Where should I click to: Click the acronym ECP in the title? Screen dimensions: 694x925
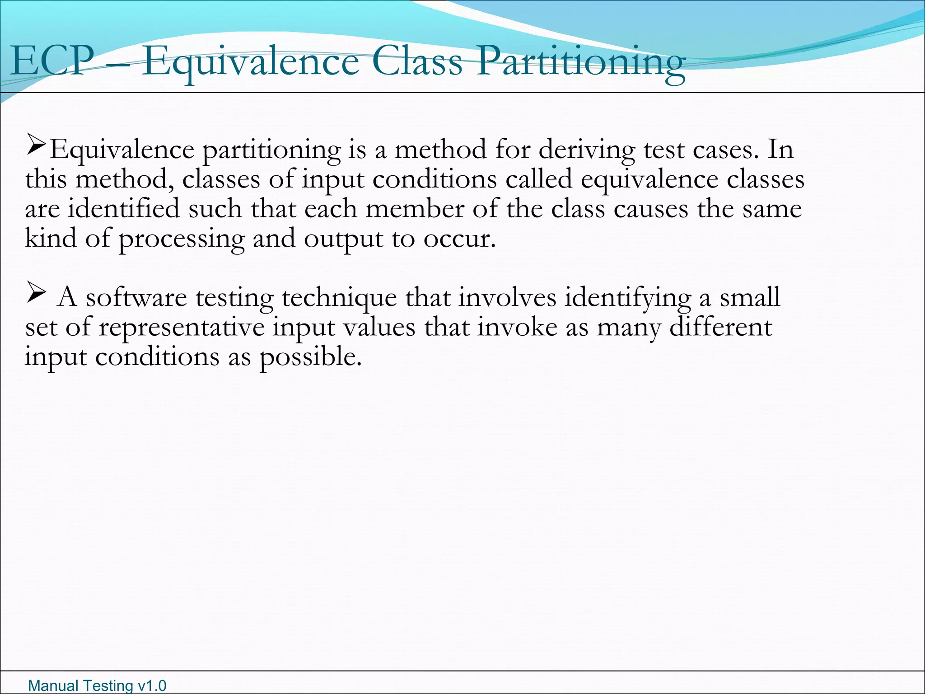pos(51,61)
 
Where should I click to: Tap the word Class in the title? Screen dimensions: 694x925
pos(418,61)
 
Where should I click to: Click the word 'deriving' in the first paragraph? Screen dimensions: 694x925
pos(587,150)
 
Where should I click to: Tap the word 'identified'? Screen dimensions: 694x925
pos(124,209)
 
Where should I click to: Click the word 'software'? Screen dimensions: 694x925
pos(136,298)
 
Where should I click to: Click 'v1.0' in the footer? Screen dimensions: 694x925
pos(152,685)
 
